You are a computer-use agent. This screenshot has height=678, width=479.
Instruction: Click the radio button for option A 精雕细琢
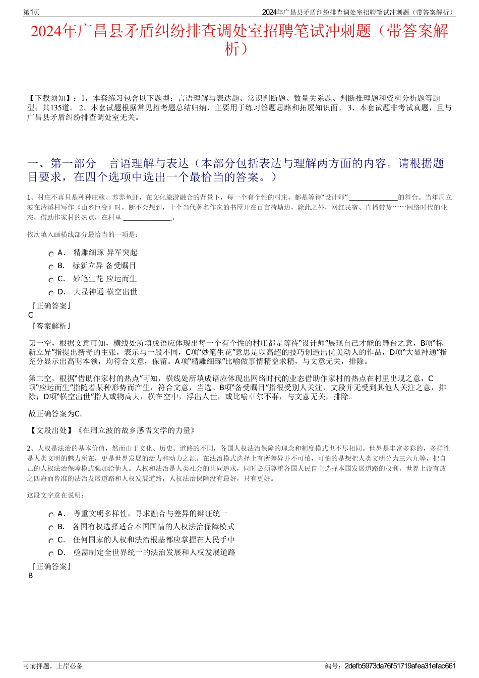pos(51,254)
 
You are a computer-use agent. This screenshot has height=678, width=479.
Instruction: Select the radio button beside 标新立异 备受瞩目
pos(51,267)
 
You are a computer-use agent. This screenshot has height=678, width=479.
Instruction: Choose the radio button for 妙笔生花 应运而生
pos(51,280)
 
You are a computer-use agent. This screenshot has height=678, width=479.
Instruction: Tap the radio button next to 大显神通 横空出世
pos(51,293)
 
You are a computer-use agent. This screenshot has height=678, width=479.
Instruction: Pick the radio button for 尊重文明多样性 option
pos(51,515)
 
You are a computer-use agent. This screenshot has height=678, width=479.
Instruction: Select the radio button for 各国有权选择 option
pos(51,528)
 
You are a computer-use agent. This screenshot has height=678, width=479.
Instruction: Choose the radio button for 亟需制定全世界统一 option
pos(51,554)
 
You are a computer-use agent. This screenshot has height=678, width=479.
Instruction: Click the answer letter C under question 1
pos(31,315)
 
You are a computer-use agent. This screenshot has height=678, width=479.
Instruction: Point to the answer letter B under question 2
pos(31,576)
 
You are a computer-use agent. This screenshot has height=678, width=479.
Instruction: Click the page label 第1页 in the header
pos(32,12)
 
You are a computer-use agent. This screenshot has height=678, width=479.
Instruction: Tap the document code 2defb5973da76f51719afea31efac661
pos(400,666)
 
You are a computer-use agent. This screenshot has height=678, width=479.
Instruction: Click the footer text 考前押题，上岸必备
pos(53,666)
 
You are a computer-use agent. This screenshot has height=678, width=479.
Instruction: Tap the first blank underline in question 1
pos(374,198)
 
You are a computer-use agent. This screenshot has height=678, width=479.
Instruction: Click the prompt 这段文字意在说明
pos(55,495)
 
